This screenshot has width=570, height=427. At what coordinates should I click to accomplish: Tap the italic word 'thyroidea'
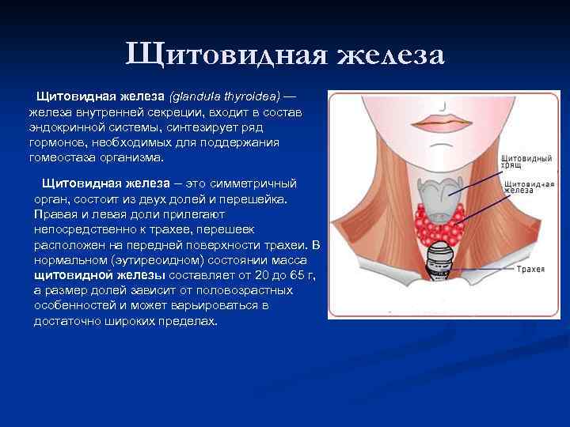click(246, 96)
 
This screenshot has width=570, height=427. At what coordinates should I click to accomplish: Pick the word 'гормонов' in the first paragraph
click(56, 142)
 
